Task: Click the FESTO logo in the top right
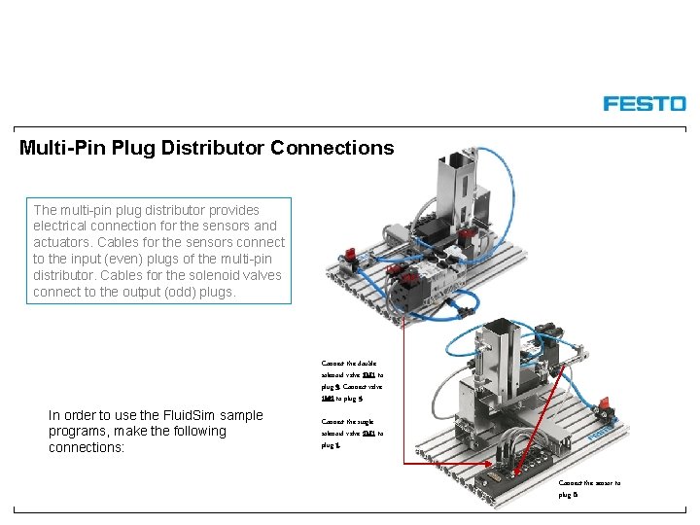point(644,103)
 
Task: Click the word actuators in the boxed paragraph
point(65,242)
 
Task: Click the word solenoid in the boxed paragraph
point(187,275)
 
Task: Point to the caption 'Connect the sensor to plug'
point(588,488)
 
